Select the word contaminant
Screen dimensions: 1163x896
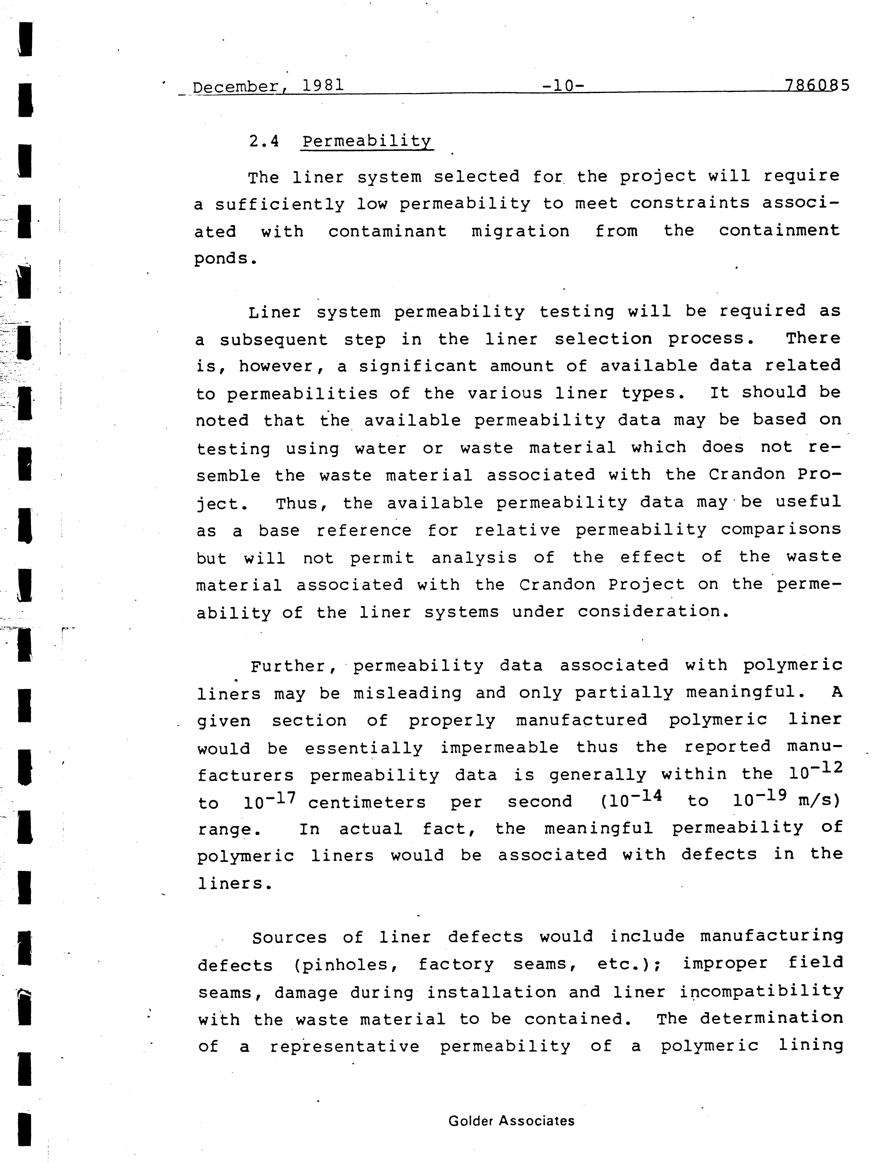(x=387, y=231)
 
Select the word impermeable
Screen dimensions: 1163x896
(x=499, y=748)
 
